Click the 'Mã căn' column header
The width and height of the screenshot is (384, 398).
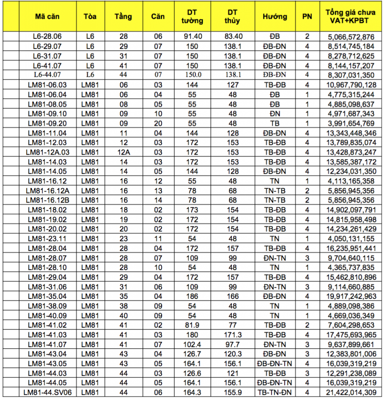click(48, 17)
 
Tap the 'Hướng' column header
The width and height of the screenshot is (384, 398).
click(275, 17)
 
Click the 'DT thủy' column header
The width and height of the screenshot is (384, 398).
click(233, 17)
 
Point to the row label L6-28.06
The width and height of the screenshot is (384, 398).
click(48, 37)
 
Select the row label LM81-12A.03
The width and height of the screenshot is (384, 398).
click(48, 152)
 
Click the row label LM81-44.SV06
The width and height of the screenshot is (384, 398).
click(48, 392)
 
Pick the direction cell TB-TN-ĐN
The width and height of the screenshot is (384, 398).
click(275, 392)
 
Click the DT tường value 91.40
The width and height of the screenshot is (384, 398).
click(192, 37)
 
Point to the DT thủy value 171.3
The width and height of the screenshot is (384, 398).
click(233, 335)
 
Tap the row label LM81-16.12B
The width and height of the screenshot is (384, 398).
click(48, 200)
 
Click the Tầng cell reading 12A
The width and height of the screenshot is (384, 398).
click(123, 152)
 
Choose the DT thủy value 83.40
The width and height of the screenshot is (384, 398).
click(233, 37)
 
